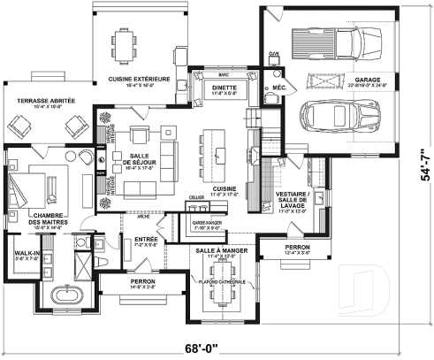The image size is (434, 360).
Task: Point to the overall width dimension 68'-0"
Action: pos(217,347)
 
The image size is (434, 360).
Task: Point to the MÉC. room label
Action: pos(280,88)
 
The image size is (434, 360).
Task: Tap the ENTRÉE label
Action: pos(147,240)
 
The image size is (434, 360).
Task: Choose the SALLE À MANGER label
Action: pos(222,251)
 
